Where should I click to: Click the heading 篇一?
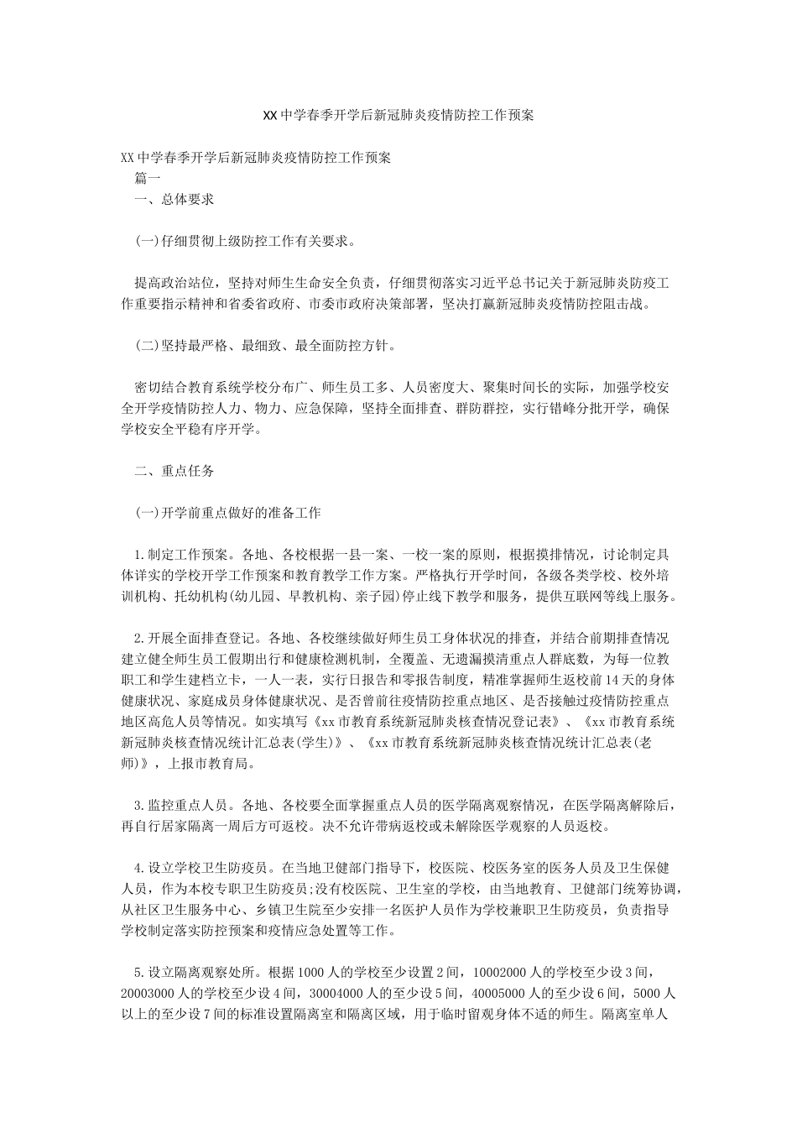(148, 178)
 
